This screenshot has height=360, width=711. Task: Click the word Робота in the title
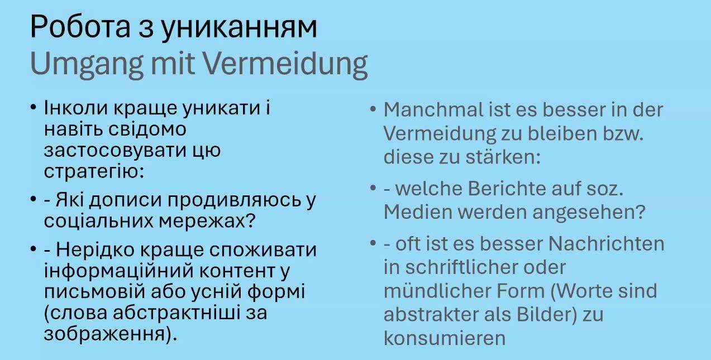[80, 27]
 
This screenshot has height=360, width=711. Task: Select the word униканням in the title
[238, 29]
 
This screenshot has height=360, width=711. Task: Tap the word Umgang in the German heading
[87, 65]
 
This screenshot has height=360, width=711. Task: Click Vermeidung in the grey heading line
[285, 65]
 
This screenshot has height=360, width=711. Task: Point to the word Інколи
[76, 108]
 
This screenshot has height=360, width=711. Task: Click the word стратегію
[94, 172]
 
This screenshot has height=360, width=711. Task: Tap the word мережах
[207, 222]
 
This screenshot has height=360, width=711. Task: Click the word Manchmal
[433, 109]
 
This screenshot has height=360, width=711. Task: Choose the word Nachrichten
[606, 244]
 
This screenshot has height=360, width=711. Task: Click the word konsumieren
[445, 338]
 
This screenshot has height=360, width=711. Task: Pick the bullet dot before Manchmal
[373, 109]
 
